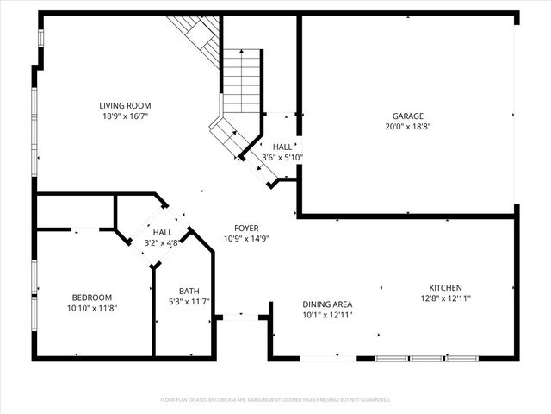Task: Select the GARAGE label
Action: (x=408, y=116)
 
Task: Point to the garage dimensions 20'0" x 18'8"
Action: (x=408, y=126)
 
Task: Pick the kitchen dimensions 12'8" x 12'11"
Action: (x=446, y=298)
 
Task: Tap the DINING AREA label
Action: (x=327, y=304)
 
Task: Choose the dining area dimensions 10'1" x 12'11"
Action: (x=327, y=315)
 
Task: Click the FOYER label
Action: (x=246, y=229)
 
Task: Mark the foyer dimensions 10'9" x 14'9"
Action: (x=246, y=239)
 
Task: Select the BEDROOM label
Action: (x=90, y=298)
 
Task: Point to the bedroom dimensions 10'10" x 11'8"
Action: (x=90, y=308)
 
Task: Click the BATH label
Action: (x=189, y=291)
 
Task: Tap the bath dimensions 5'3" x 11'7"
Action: (x=189, y=301)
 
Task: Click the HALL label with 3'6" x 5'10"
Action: (x=282, y=147)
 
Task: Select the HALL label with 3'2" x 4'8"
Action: (x=162, y=233)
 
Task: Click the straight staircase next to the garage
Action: (x=242, y=82)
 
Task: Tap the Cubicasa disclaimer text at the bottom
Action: (x=275, y=400)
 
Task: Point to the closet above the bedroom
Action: (x=76, y=211)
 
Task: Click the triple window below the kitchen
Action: (x=426, y=358)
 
